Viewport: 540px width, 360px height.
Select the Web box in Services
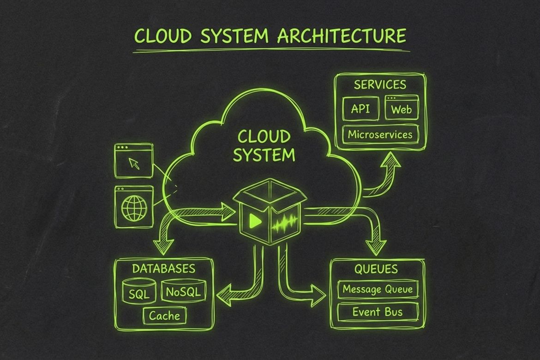pos(402,109)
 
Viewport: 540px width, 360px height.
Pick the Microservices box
pos(380,135)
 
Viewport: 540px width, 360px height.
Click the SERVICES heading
pos(380,85)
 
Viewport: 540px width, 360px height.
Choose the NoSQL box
pos(183,291)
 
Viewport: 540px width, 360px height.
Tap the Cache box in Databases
pos(164,316)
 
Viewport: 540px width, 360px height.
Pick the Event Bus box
pos(378,312)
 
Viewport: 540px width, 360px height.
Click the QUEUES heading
pos(376,269)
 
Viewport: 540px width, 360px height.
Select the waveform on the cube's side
pos(285,224)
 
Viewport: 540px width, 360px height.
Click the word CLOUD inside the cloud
pos(264,137)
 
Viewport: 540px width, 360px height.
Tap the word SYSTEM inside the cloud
pos(264,155)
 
